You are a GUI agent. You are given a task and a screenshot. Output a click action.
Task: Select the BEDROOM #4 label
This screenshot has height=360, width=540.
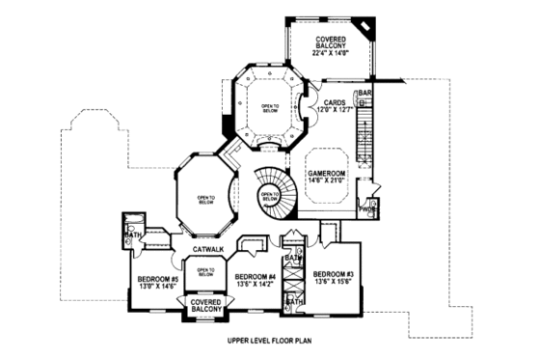[256, 277]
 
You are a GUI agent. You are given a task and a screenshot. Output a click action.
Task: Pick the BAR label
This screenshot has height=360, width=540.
[365, 94]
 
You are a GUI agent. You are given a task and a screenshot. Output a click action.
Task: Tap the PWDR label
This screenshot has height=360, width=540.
[367, 208]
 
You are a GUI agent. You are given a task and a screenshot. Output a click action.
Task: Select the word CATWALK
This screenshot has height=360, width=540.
[208, 250]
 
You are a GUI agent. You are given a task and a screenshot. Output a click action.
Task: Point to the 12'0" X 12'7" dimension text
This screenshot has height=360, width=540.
[335, 110]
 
